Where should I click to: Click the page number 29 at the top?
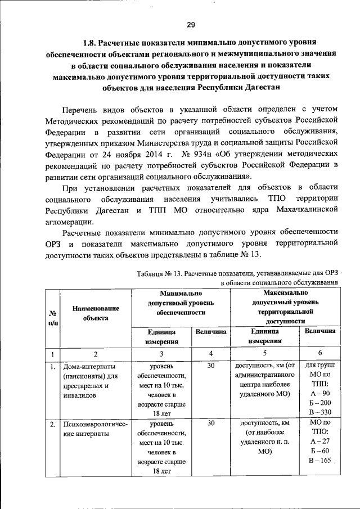point(191,24)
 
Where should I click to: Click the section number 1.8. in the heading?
point(92,43)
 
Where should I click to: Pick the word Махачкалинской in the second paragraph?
point(304,210)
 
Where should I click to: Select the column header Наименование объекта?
point(95,313)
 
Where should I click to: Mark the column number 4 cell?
point(211,354)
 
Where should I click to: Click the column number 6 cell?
point(320,354)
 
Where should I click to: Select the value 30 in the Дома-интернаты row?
point(211,366)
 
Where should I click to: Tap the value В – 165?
point(319,461)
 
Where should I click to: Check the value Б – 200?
point(319,403)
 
